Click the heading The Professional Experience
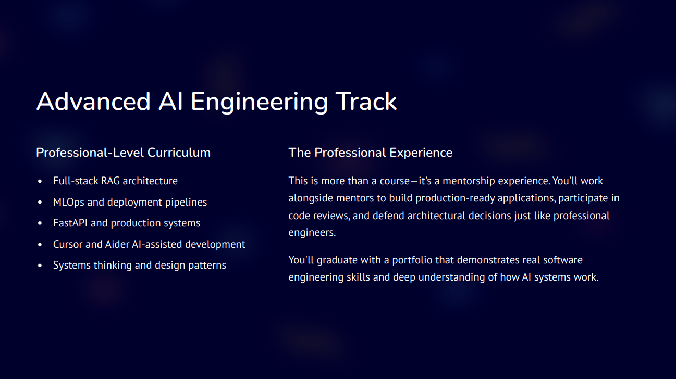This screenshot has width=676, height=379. (x=370, y=153)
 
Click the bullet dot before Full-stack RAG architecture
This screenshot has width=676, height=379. (x=40, y=181)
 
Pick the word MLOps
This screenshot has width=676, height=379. (x=68, y=202)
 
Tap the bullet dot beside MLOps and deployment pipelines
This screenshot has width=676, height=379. (x=40, y=203)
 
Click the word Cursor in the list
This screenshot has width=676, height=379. (x=67, y=244)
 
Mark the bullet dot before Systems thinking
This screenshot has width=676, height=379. (x=40, y=266)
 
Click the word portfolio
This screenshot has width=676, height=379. (x=412, y=259)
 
